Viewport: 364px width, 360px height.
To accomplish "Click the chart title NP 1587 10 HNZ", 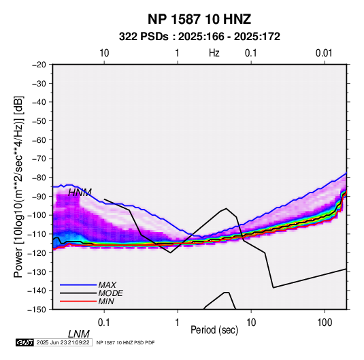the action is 199,19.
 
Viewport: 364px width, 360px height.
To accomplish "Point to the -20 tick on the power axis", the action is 39,65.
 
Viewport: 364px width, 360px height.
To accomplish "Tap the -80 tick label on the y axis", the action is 39,178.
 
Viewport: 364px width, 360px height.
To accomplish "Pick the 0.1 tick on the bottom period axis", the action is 104,323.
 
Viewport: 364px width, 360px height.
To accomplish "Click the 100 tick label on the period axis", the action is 325,323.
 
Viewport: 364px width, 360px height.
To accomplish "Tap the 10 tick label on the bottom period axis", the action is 251,323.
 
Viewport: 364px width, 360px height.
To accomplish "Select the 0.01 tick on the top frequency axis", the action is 324,53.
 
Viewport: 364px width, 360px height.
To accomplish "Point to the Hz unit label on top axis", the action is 214,53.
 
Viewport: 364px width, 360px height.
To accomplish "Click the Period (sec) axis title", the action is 214,330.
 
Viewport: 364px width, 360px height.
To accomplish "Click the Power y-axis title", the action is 18,187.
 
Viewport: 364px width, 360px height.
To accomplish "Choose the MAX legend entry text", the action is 107,285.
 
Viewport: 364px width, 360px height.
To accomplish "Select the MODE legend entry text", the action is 110,293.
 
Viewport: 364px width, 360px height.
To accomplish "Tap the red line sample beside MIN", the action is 78,301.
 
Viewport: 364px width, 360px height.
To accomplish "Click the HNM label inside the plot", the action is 80,193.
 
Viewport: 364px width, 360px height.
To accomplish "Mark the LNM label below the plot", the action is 79,334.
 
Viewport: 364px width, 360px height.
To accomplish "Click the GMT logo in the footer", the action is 25,342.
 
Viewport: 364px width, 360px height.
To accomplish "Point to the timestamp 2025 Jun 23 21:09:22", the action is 63,342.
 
